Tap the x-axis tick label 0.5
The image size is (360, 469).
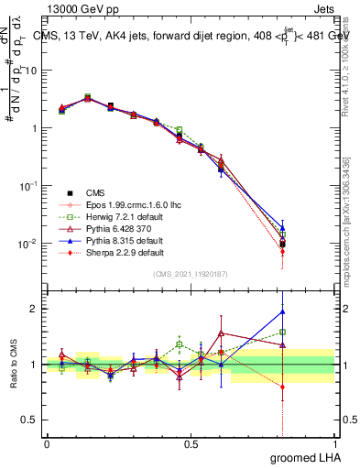pos(191,442)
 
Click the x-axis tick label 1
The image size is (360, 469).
pos(334,442)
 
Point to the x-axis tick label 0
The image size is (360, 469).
pos(47,442)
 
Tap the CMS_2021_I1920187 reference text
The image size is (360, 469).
pos(191,274)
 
